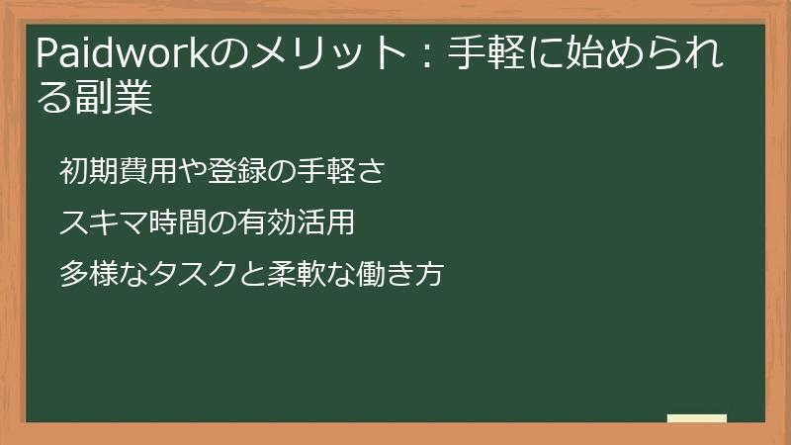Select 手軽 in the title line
(x=488, y=54)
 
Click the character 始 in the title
(x=584, y=54)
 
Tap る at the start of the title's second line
(x=53, y=99)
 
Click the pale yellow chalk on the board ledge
(x=697, y=418)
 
